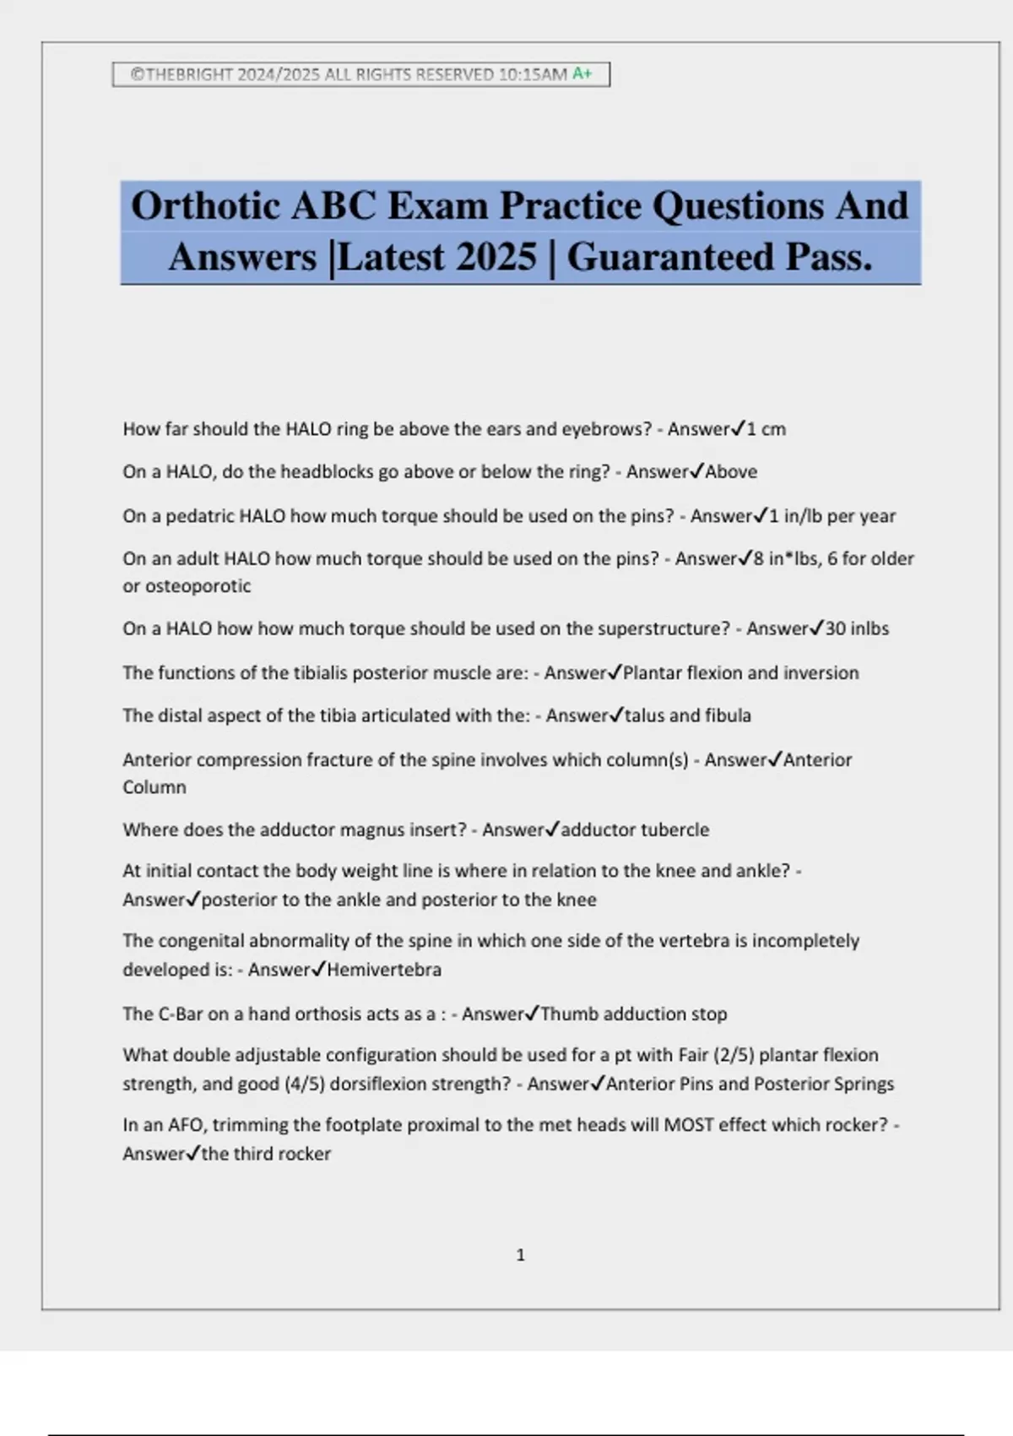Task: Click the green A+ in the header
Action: click(x=582, y=74)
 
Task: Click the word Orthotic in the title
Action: click(x=205, y=206)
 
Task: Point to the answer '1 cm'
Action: click(x=766, y=429)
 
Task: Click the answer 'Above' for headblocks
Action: click(x=731, y=471)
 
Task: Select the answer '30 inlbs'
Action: click(x=857, y=628)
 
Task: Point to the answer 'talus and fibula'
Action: click(x=687, y=715)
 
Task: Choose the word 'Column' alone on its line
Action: click(x=154, y=787)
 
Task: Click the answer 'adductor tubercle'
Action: click(x=635, y=830)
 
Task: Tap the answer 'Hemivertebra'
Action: click(x=384, y=970)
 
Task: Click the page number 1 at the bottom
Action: click(x=520, y=1255)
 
